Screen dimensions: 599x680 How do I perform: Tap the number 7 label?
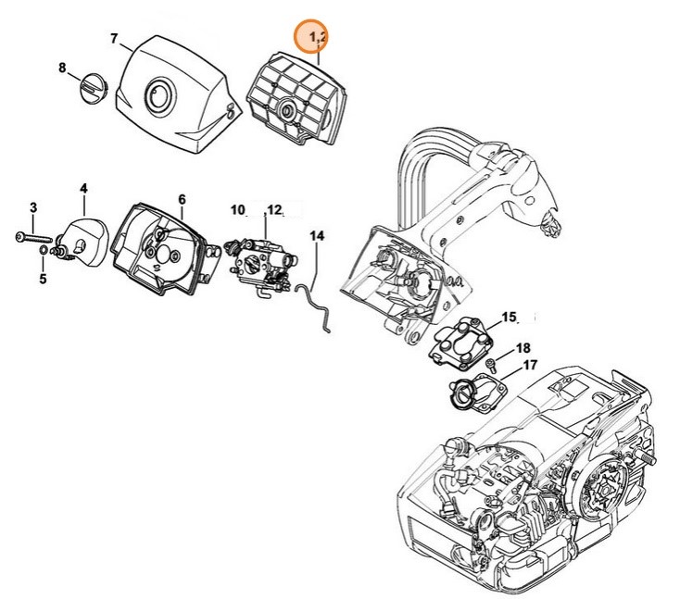[x=114, y=39]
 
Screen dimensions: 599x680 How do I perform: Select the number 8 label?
[x=62, y=68]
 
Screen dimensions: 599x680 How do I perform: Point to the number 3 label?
[x=32, y=206]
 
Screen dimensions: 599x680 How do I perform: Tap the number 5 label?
[x=43, y=279]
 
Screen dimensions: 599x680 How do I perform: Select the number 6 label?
[x=182, y=199]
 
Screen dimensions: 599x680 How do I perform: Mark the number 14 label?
[x=317, y=237]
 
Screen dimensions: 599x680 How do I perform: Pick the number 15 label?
[x=509, y=318]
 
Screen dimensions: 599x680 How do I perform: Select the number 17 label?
[x=531, y=366]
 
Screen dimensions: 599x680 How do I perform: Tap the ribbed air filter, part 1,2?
[x=295, y=93]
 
